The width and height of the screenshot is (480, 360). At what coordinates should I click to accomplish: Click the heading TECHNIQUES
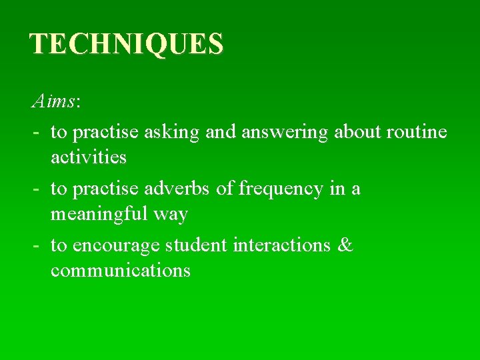(127, 44)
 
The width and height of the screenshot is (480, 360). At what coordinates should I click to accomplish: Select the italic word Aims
(53, 102)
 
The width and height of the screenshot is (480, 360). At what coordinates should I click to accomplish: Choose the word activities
(89, 157)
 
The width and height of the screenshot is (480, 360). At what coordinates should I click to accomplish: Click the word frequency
(281, 189)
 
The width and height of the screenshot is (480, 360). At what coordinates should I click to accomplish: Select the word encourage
(117, 245)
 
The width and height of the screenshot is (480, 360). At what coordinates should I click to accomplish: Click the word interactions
(282, 245)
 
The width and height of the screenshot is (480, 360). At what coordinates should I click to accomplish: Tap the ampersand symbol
(345, 245)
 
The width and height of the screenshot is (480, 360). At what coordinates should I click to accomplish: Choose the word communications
(121, 271)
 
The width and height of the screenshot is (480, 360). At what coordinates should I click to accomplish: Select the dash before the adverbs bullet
(34, 189)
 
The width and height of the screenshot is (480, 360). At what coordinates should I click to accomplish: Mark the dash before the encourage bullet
(34, 246)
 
